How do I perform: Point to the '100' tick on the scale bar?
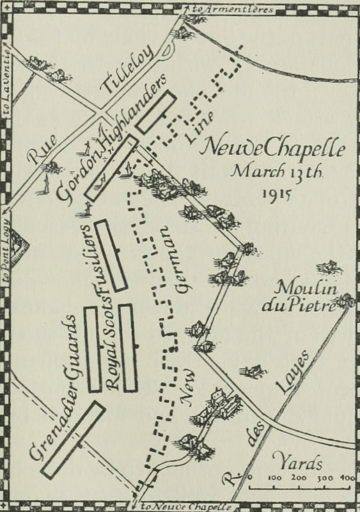[278, 478]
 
